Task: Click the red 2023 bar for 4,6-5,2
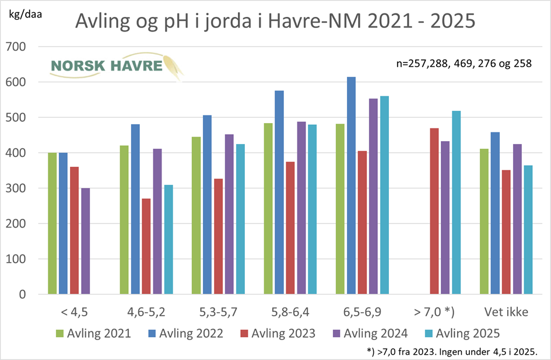[x=146, y=246]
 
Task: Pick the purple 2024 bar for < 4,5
[x=85, y=241]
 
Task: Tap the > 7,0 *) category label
[x=433, y=312]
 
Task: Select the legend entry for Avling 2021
[x=94, y=334]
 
